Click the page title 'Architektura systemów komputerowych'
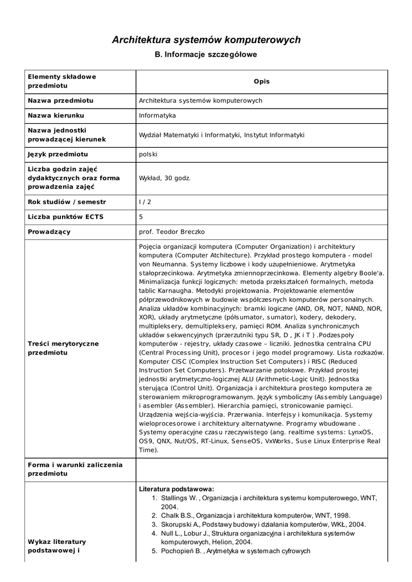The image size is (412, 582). pyautogui.click(x=206, y=40)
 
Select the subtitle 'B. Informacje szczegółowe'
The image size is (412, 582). pyautogui.click(x=206, y=55)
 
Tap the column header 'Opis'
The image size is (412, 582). pyautogui.click(x=262, y=81)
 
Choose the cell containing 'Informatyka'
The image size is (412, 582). pyautogui.click(x=157, y=115)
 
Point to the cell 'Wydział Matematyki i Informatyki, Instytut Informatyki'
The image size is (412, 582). pyautogui.click(x=222, y=135)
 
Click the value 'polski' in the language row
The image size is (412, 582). pyautogui.click(x=148, y=154)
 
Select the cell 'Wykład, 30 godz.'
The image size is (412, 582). pyautogui.click(x=165, y=178)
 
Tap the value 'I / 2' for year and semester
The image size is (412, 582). pyautogui.click(x=145, y=202)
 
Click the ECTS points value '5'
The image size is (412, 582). pyautogui.click(x=141, y=217)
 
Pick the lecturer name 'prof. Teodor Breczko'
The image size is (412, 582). pyautogui.click(x=172, y=231)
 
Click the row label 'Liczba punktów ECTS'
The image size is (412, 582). pyautogui.click(x=65, y=217)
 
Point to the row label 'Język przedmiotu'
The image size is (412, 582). pyautogui.click(x=58, y=154)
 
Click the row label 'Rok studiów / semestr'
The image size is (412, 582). pyautogui.click(x=67, y=202)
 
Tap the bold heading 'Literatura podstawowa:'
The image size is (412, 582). pyautogui.click(x=176, y=489)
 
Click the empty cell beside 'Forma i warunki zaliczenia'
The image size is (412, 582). pyautogui.click(x=262, y=469)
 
